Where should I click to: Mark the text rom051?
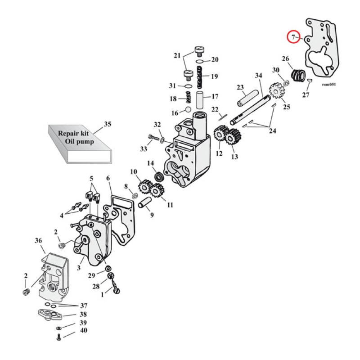click(329, 84)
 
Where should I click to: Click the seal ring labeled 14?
click(159, 176)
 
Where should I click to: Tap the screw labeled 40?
click(59, 337)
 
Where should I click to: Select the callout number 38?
click(83, 315)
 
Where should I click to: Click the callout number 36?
click(38, 241)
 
